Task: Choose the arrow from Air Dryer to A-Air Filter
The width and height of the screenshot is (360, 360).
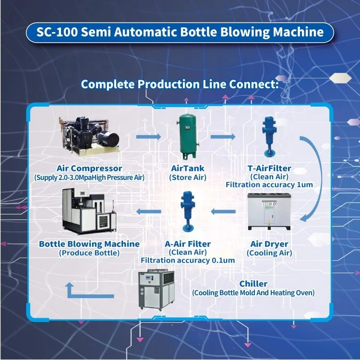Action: [x=224, y=211]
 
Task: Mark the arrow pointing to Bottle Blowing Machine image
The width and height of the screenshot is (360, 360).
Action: [x=149, y=211]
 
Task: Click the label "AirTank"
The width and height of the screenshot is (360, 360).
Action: [x=188, y=168]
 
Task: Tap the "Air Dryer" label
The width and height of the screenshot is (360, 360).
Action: [x=269, y=244]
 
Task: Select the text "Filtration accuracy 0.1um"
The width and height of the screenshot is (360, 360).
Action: [x=187, y=261]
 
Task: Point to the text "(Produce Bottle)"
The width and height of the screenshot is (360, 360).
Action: [x=89, y=253]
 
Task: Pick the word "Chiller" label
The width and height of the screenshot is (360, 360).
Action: [x=253, y=284]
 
